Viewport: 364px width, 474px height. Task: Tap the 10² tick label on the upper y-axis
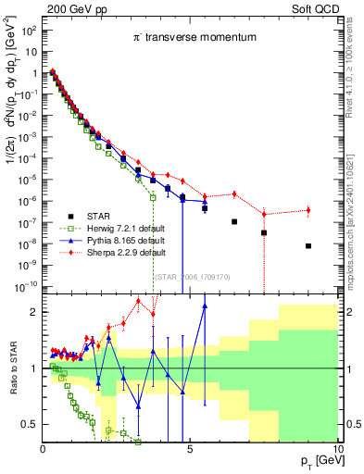click(29, 29)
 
